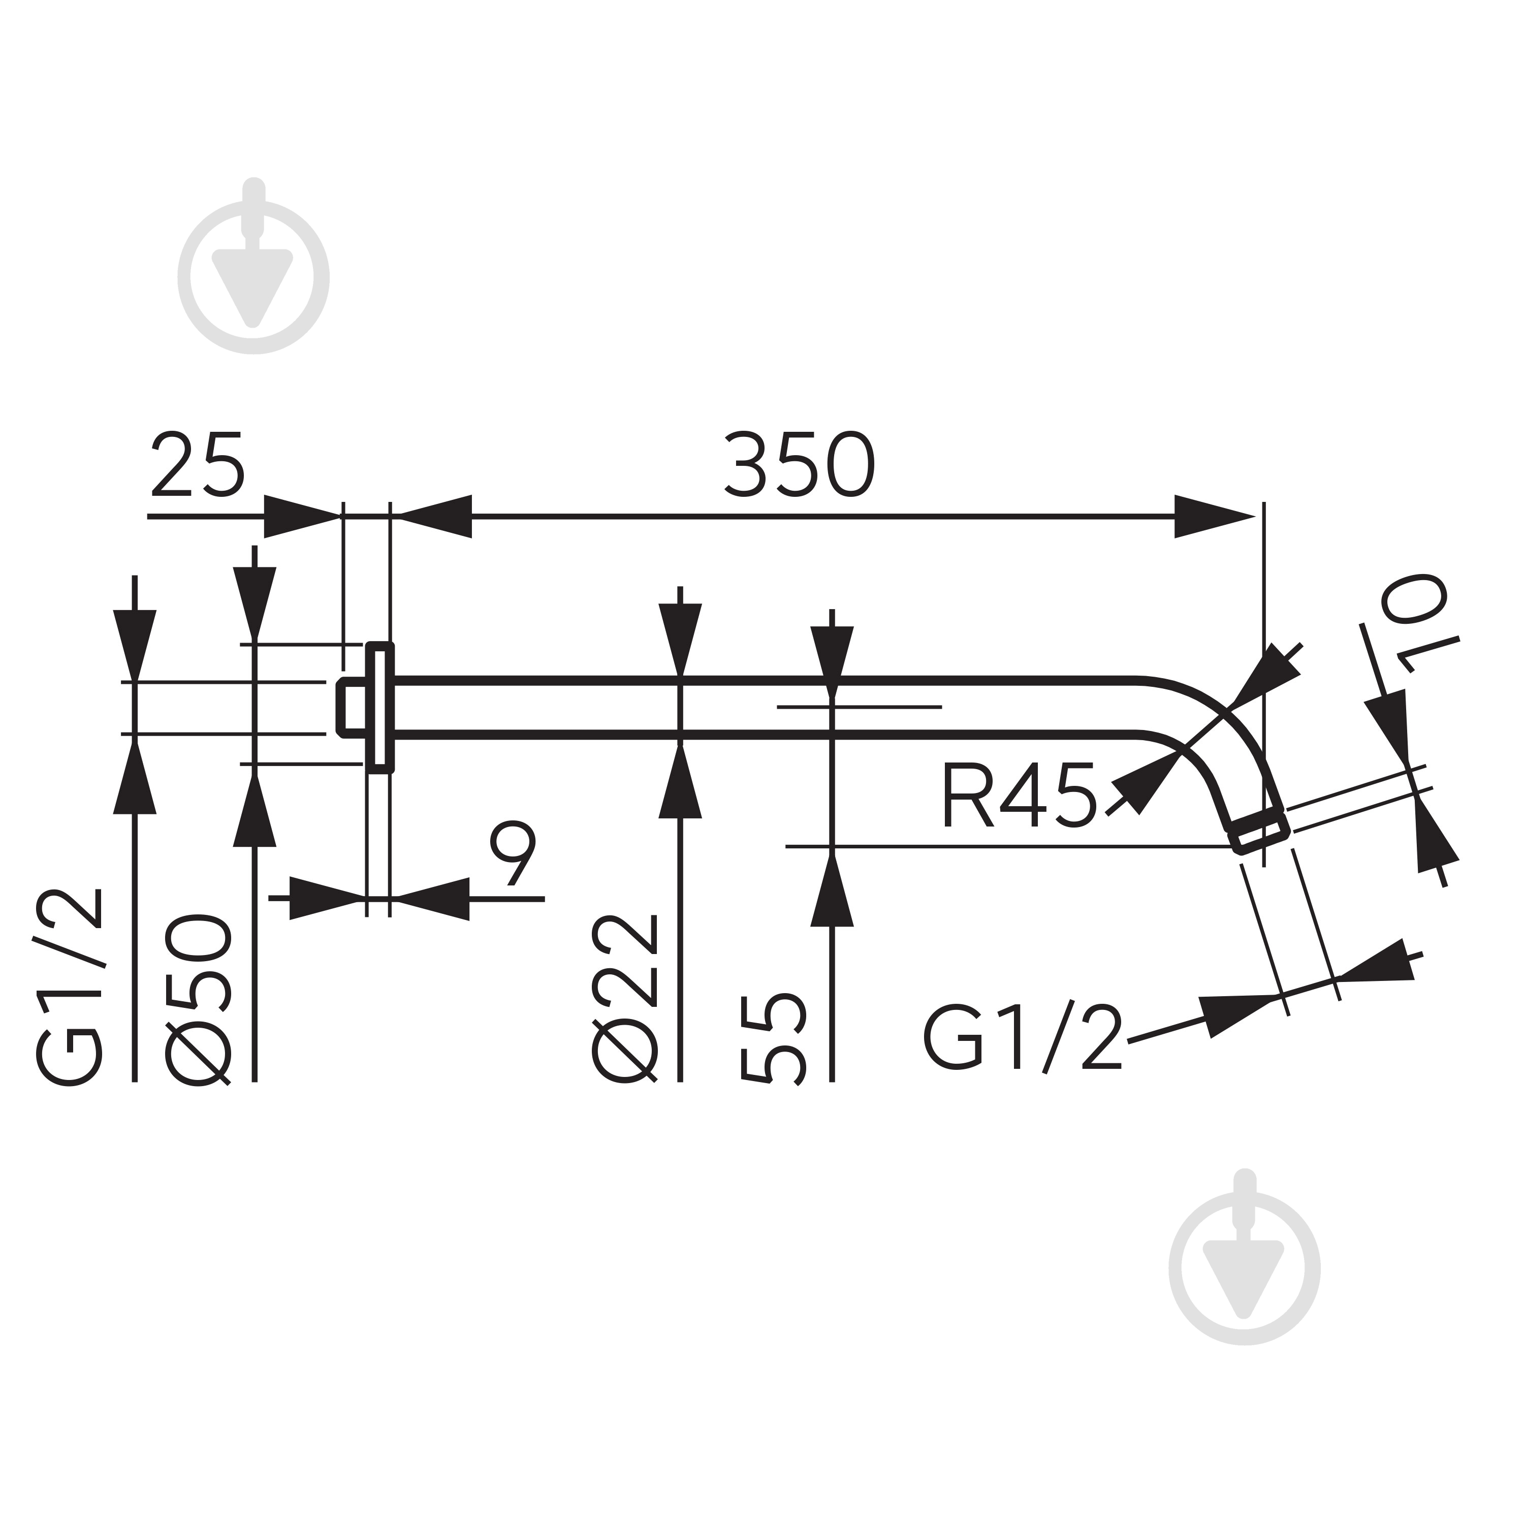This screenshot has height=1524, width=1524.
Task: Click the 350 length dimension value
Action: coord(799,465)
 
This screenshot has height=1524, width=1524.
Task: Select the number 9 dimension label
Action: coord(513,853)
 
